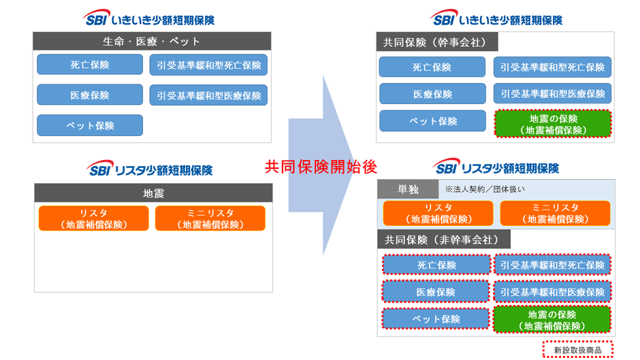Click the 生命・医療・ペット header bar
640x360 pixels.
[151, 41]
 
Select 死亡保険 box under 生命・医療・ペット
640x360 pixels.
[90, 65]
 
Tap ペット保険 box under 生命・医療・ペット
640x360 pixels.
[90, 125]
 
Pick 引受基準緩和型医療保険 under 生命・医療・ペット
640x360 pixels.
[208, 95]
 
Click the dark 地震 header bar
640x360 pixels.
[153, 193]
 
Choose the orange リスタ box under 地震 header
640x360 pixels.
[93, 218]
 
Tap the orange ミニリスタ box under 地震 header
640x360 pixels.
[210, 218]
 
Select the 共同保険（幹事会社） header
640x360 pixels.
[436, 42]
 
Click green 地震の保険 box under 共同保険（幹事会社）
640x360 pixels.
[553, 124]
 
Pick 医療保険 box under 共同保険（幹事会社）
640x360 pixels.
[432, 94]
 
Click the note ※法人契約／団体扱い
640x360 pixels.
[485, 189]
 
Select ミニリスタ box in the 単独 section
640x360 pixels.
[555, 213]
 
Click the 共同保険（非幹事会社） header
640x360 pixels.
[443, 239]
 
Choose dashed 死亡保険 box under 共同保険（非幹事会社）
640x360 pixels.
[436, 265]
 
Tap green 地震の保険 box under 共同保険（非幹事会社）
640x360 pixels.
[551, 319]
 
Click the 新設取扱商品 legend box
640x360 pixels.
[577, 350]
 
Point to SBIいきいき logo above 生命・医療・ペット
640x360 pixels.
[151, 18]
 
